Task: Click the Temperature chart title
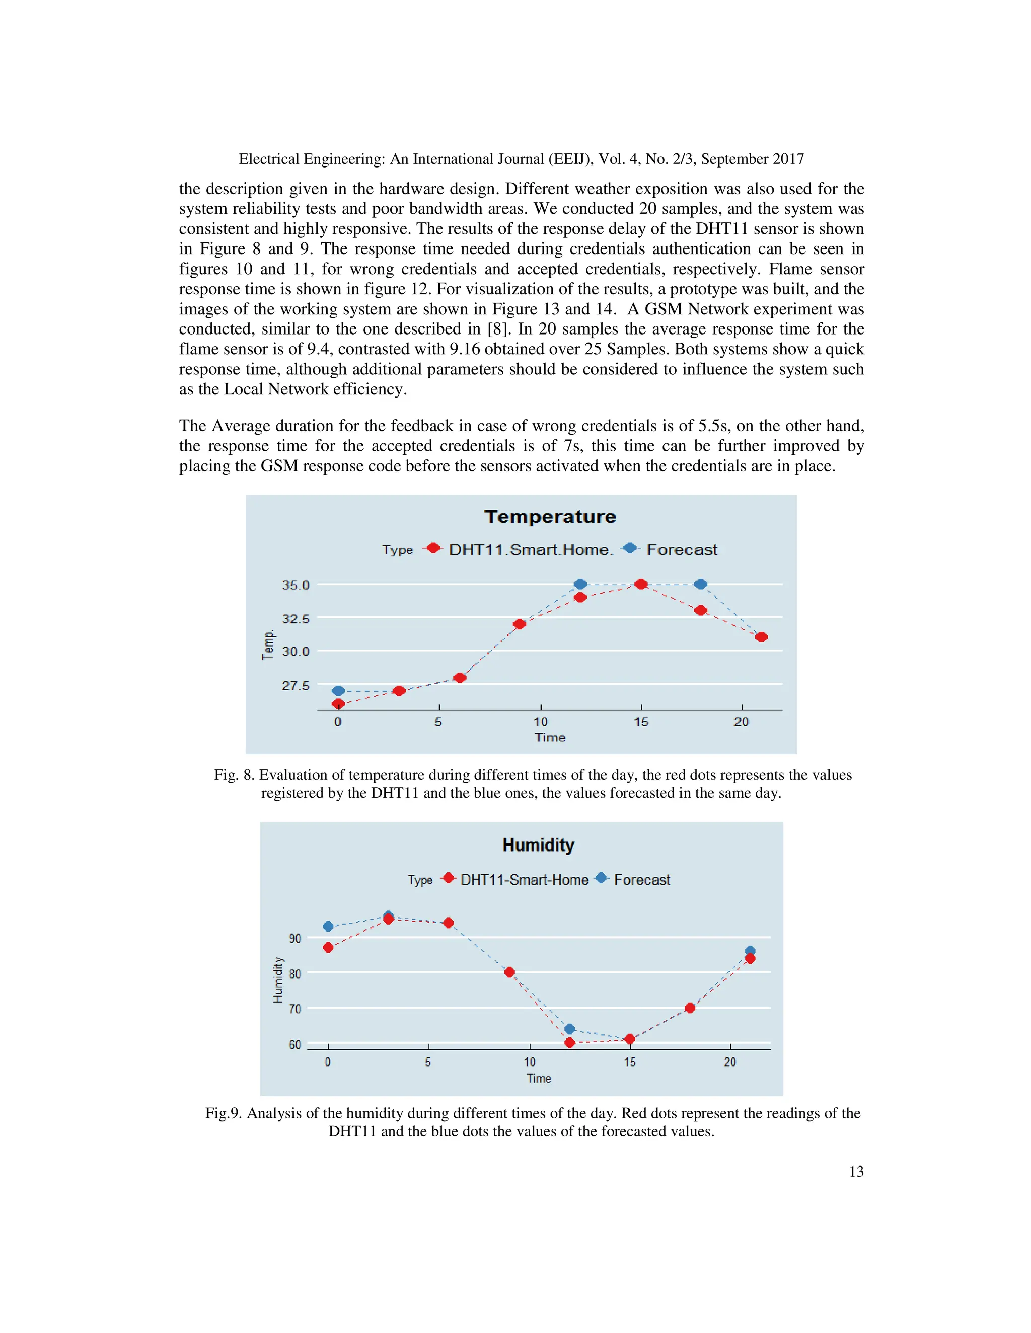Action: (x=550, y=517)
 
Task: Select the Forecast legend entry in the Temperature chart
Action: (x=681, y=549)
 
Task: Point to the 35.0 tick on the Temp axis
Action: (x=296, y=585)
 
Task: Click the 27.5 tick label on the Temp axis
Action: (x=296, y=686)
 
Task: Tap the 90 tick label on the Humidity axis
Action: (x=295, y=938)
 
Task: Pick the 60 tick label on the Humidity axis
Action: (x=295, y=1044)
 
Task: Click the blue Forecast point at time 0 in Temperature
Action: (x=338, y=690)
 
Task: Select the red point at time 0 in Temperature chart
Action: (x=338, y=704)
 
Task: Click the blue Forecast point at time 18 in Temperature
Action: (x=701, y=584)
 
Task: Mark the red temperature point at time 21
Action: (x=761, y=637)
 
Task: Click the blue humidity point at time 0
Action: (x=328, y=927)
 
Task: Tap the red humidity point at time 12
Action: (x=570, y=1042)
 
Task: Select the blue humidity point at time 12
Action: (x=570, y=1029)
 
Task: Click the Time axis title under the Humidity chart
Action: (x=539, y=1078)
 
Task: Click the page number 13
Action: (x=856, y=1171)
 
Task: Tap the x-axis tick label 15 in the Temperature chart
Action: (x=641, y=722)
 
